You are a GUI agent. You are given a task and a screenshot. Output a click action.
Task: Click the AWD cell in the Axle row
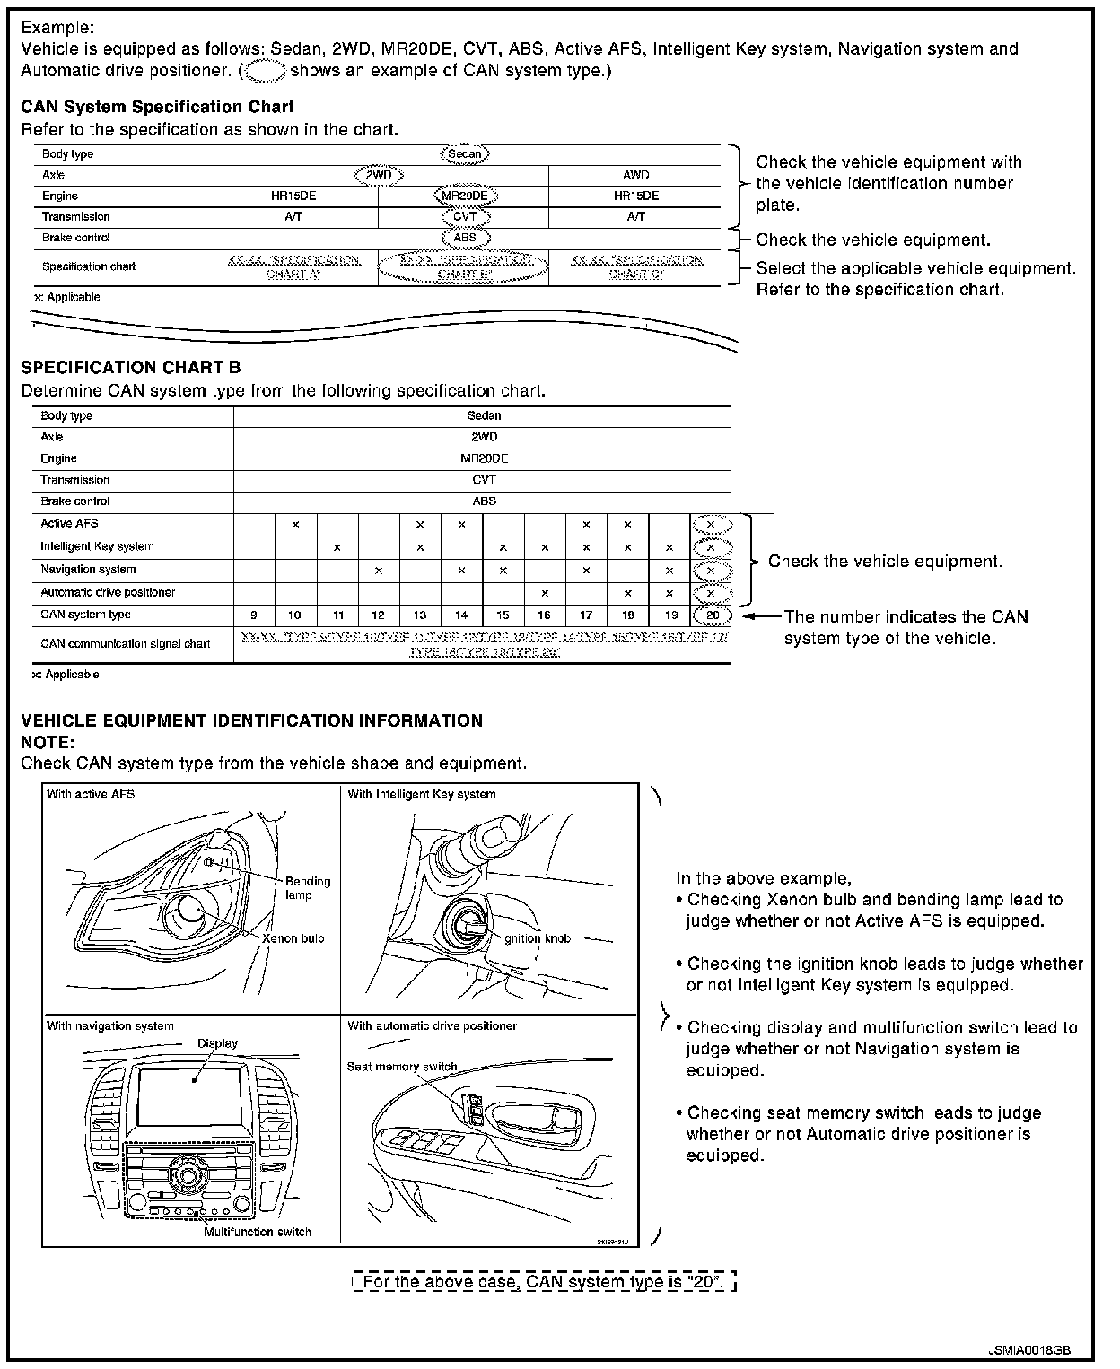coord(635,175)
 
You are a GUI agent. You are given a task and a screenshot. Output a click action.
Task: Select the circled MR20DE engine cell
coord(464,196)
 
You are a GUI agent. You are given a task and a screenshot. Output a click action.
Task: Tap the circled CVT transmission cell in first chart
coord(464,217)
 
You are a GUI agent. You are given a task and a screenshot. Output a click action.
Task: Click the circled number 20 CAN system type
coord(712,615)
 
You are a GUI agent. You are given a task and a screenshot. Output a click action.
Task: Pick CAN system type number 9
coord(254,615)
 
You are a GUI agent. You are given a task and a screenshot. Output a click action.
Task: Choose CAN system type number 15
coord(503,615)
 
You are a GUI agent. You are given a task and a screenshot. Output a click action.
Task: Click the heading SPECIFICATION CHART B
coord(130,368)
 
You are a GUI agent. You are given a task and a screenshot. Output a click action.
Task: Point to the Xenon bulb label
coord(293,938)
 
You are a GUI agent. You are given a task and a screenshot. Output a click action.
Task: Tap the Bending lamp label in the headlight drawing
coord(308,888)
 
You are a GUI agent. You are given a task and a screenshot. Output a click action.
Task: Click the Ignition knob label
coord(536,938)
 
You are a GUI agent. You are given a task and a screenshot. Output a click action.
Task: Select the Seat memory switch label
coord(402,1067)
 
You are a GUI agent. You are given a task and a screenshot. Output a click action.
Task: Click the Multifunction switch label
coord(258,1232)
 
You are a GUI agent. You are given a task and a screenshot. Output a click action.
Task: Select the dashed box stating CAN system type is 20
coord(544,1282)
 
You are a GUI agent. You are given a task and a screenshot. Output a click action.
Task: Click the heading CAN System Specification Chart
coord(157,108)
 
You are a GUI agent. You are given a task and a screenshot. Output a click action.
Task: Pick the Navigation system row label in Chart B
coord(88,570)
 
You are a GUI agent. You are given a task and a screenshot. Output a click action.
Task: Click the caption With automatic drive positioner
coord(432,1025)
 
